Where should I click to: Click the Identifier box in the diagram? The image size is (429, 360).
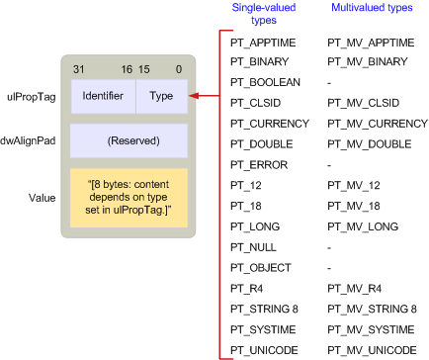pos(103,96)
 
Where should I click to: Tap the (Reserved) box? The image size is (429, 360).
pos(129,140)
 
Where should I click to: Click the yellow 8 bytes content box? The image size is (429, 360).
pos(129,197)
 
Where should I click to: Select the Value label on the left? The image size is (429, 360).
pos(42,197)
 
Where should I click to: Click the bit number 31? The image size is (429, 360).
pos(80,69)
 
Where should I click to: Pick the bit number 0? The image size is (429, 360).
pos(178,69)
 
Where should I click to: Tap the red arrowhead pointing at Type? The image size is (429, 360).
pos(194,96)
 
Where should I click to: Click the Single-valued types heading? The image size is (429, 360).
pos(255,13)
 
